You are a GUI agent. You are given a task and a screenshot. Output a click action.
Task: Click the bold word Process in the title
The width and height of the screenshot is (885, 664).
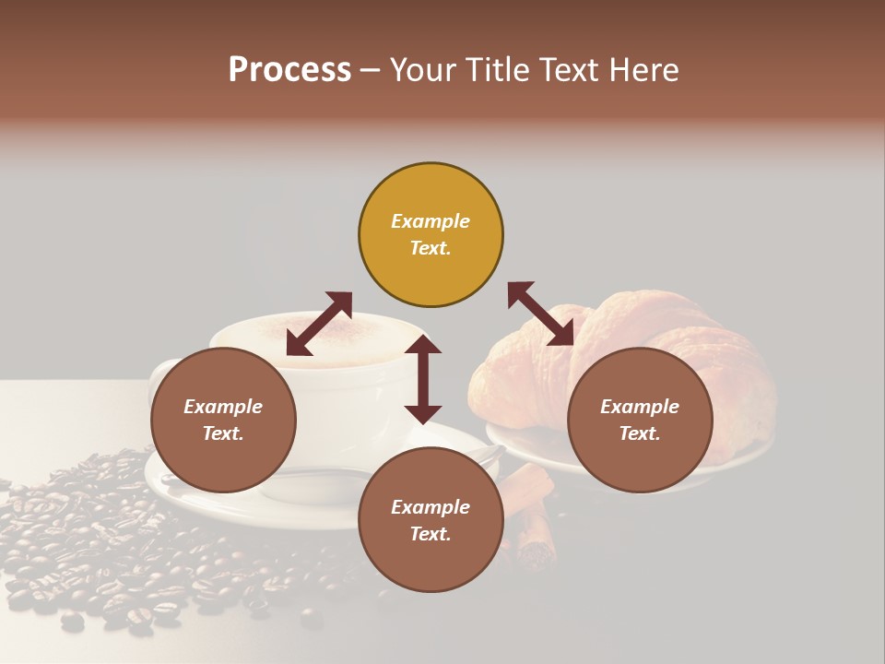coord(289,70)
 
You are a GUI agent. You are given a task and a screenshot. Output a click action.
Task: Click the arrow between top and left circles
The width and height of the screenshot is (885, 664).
coord(319,324)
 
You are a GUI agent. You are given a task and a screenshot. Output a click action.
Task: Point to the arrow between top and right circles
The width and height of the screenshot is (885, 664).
coord(540,314)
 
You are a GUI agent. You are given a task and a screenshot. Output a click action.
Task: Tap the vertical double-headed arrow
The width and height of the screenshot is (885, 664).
coord(423,379)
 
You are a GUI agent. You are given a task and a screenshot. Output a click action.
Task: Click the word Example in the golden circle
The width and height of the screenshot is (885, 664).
coord(431,221)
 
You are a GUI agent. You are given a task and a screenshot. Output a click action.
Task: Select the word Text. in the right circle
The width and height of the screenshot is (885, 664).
coord(639,433)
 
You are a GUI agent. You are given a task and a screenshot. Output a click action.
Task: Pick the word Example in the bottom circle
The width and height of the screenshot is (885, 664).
coord(431,507)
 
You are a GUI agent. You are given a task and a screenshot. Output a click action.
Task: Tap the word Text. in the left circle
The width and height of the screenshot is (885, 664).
coord(223,433)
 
